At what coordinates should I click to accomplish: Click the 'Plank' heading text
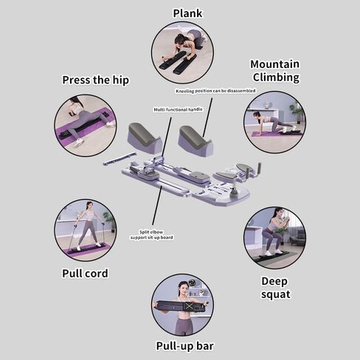pos(187,13)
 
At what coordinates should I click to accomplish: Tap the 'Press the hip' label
pos(95,80)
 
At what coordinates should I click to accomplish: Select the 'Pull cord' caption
pos(85,273)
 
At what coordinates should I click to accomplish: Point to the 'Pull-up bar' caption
pos(184,345)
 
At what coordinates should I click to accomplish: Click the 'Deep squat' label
pos(275,287)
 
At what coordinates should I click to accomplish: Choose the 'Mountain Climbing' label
pos(274,70)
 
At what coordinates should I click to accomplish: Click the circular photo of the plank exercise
pos(182,52)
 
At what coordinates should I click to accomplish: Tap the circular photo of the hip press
pos(85,125)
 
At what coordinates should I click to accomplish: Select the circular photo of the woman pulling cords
pos(85,229)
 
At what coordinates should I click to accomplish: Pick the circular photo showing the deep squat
pos(274,237)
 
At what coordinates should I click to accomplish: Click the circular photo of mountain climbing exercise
pos(274,122)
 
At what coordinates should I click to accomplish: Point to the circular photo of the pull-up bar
pos(182,304)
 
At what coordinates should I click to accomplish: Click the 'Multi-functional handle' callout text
pos(178,108)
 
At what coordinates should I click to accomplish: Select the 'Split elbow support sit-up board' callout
pos(156,234)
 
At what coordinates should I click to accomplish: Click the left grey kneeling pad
pos(145,137)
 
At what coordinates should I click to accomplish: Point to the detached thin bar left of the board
pos(120,159)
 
